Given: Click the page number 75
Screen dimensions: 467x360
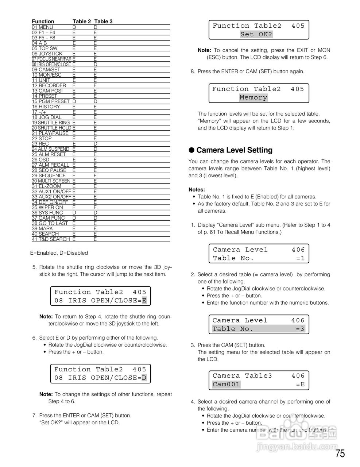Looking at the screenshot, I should pyautogui.click(x=340, y=454).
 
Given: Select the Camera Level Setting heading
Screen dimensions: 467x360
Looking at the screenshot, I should pyautogui.click(x=234, y=150).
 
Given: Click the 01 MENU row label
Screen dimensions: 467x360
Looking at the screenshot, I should pyautogui.click(x=42, y=27).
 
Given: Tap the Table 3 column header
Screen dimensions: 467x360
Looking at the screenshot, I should pyautogui.click(x=104, y=22).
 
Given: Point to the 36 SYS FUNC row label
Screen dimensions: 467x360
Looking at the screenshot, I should pyautogui.click(x=47, y=213).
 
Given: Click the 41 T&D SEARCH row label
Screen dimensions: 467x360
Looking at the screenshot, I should pyautogui.click(x=51, y=239).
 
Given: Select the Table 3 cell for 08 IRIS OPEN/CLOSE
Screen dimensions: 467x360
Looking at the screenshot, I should pyautogui.click(x=95, y=65).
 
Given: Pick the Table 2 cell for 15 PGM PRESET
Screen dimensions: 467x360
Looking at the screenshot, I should pyautogui.click(x=74, y=101).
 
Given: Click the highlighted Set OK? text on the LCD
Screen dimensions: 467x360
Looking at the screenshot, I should pyautogui.click(x=256, y=35).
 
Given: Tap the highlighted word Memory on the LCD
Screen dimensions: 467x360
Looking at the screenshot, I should pyautogui.click(x=253, y=98).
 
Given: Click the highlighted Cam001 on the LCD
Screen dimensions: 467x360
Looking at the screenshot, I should pyautogui.click(x=226, y=384).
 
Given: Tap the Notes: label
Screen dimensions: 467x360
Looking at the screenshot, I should pyautogui.click(x=197, y=190).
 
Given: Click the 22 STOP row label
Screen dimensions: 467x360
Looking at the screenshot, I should pyautogui.click(x=42, y=139).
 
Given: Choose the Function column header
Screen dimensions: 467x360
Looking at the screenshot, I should pyautogui.click(x=43, y=22).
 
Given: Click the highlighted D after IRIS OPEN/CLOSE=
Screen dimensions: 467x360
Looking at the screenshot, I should pyautogui.click(x=144, y=378).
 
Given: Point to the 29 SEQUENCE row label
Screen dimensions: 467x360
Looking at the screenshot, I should pyautogui.click(x=49, y=175).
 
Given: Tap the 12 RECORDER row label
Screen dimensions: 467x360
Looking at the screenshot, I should pyautogui.click(x=49, y=86).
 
